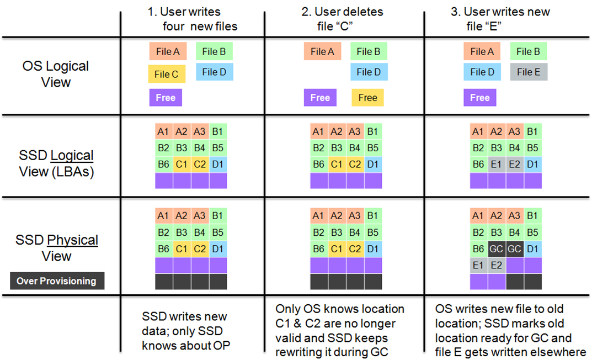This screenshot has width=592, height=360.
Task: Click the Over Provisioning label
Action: (x=56, y=281)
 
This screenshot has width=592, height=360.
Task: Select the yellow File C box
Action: (x=166, y=74)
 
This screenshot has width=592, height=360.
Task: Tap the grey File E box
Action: (x=529, y=72)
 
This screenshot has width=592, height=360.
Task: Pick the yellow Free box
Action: (x=367, y=98)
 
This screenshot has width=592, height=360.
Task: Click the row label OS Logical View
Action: (x=56, y=74)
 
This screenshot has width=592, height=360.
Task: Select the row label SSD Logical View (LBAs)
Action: (x=56, y=163)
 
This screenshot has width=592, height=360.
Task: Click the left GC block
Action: (x=497, y=249)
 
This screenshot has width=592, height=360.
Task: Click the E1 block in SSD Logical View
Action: (x=497, y=164)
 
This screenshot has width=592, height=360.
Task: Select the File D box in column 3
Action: (x=478, y=72)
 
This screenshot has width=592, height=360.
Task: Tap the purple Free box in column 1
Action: (x=165, y=98)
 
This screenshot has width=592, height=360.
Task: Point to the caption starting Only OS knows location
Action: (x=340, y=330)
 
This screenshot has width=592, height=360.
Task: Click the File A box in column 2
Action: (x=322, y=52)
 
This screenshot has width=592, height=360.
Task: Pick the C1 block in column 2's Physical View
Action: (x=337, y=249)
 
